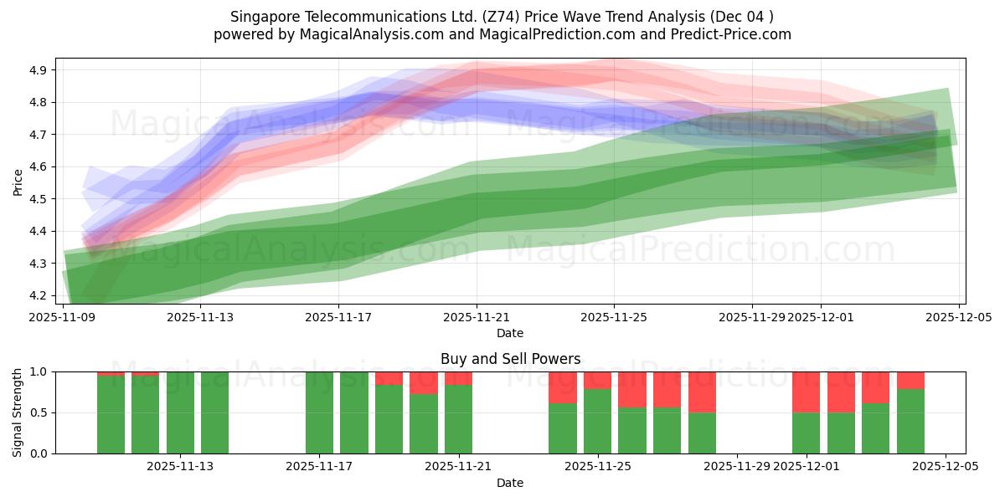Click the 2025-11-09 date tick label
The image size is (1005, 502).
coord(63,317)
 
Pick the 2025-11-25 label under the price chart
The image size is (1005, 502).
coord(614,317)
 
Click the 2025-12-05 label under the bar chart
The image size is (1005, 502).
coord(946,467)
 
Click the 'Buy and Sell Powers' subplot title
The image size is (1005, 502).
coord(510,359)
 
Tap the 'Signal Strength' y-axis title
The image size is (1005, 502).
coord(18,412)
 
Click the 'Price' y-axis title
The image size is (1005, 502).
coord(18,182)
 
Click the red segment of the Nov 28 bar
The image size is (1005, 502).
coord(702,392)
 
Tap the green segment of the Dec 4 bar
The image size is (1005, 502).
coord(910,422)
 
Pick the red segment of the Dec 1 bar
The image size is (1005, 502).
coord(806,392)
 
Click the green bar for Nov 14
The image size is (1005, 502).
coord(214,412)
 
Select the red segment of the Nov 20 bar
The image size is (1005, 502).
coord(424,382)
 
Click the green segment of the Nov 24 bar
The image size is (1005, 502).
coord(563,428)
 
